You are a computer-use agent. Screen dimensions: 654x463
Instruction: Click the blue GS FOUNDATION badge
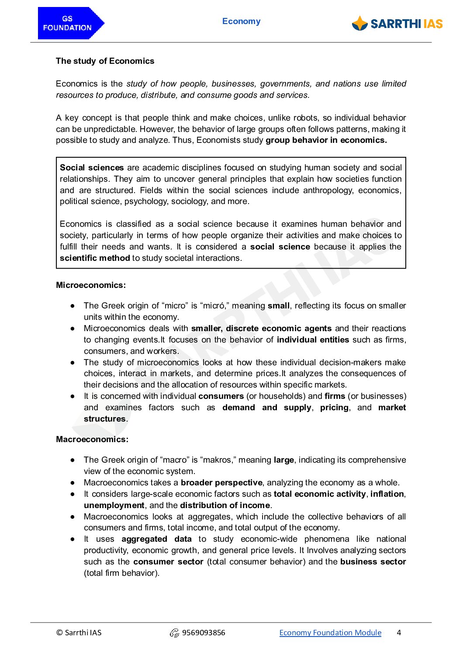(x=70, y=23)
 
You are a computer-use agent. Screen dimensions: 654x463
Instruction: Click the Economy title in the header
(x=241, y=21)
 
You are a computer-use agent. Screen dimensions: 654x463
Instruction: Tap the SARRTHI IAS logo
(x=397, y=24)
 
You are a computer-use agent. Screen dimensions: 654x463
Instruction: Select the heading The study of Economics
(x=105, y=61)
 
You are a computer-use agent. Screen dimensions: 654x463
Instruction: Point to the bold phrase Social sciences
(x=92, y=168)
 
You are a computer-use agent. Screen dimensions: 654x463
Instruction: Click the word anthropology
(x=328, y=190)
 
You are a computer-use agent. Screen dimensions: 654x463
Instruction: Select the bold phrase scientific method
(x=95, y=258)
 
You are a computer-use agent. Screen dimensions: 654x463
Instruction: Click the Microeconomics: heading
(x=91, y=285)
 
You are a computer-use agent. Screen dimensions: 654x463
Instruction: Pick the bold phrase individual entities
(x=313, y=340)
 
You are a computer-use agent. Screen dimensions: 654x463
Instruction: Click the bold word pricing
(x=334, y=408)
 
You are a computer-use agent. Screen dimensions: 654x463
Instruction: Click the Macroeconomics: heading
(x=92, y=439)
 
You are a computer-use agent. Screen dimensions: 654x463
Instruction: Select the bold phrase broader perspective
(x=221, y=483)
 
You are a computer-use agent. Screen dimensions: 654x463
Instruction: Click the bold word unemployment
(x=114, y=505)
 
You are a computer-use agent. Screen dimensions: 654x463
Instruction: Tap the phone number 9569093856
(x=204, y=633)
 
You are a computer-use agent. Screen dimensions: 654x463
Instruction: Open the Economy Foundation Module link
(x=330, y=633)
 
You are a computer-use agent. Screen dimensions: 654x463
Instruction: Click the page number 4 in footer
(x=399, y=633)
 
